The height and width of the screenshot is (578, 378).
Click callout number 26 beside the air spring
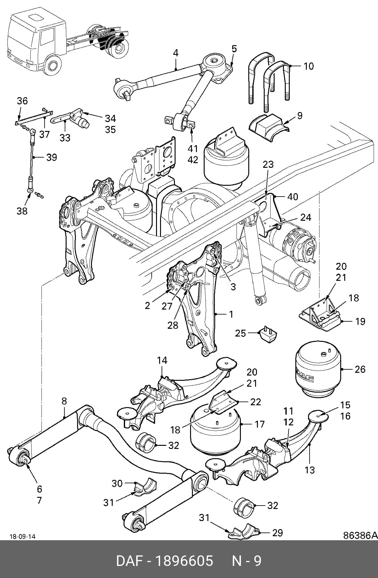[360, 369]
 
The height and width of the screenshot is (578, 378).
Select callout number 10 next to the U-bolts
[308, 66]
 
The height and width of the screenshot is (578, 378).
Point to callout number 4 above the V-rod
[176, 53]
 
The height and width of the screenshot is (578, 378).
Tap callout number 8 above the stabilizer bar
[64, 401]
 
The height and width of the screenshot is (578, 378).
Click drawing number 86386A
[360, 535]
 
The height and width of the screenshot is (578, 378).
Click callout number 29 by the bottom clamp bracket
[277, 532]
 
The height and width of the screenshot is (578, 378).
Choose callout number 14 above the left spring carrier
[162, 360]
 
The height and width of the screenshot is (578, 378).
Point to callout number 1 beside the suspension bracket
[231, 314]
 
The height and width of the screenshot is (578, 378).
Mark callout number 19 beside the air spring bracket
[360, 321]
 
